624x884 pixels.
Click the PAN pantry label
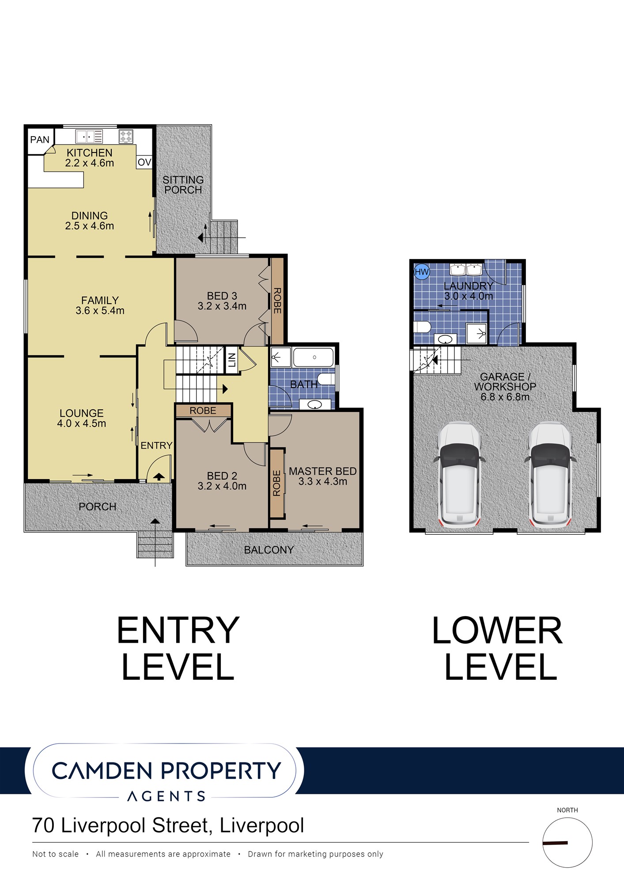(x=40, y=140)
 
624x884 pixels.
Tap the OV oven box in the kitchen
(x=144, y=162)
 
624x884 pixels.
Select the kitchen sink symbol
(x=89, y=136)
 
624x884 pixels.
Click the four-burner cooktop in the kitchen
(x=126, y=136)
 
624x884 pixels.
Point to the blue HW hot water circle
(x=422, y=272)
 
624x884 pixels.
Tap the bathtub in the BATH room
(x=314, y=357)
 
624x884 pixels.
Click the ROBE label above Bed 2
(x=203, y=411)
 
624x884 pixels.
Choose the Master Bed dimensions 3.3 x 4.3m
(x=323, y=481)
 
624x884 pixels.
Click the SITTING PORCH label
(x=183, y=185)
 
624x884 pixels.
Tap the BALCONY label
(x=269, y=550)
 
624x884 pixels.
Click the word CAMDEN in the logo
(x=102, y=771)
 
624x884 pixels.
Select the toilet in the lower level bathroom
(x=422, y=327)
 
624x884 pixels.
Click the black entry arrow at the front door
(x=159, y=476)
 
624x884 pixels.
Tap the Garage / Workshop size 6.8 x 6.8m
(x=505, y=397)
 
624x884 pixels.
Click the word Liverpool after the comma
(x=262, y=826)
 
